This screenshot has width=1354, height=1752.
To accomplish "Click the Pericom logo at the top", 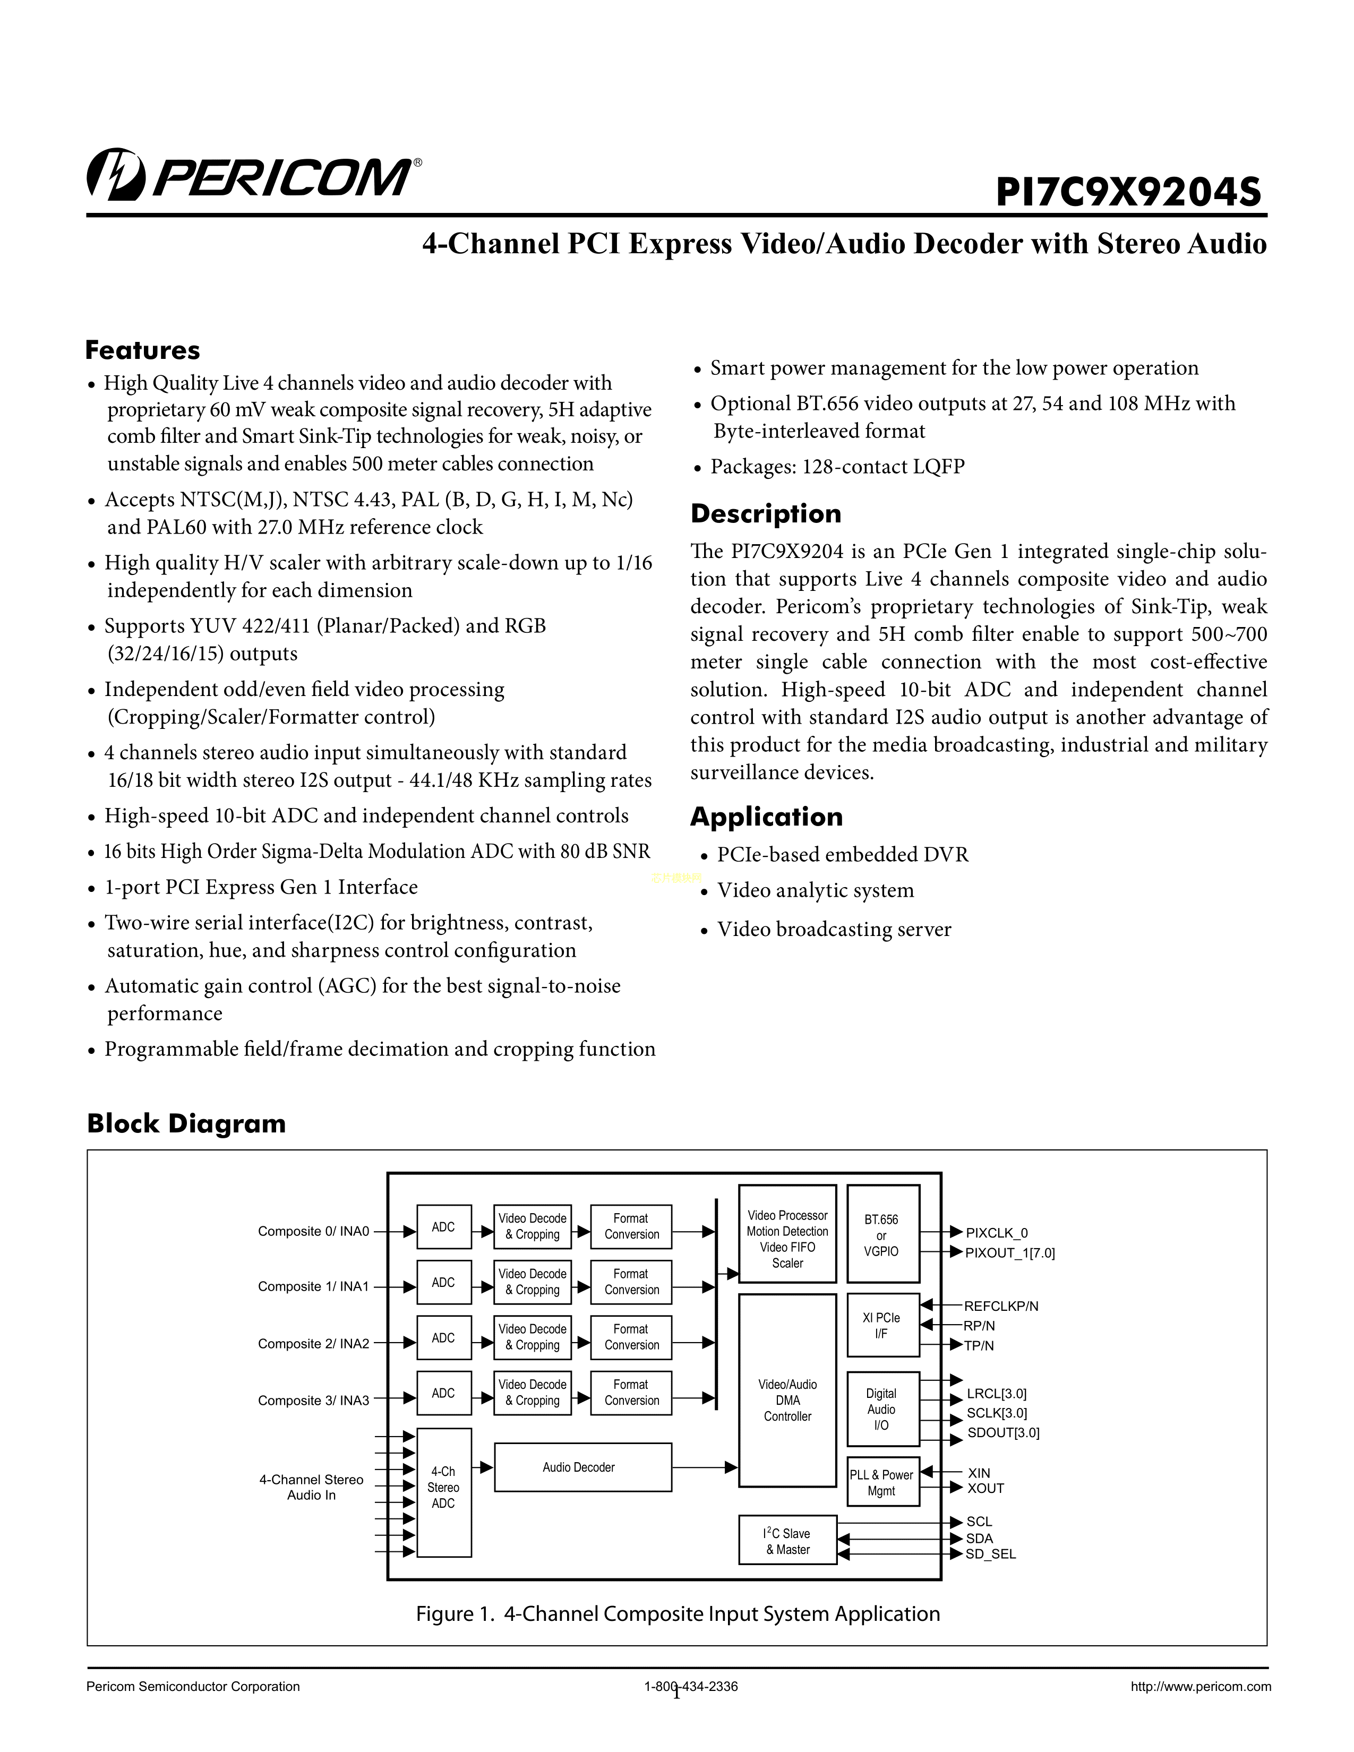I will click(x=253, y=175).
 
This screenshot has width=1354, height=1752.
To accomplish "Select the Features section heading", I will click(x=143, y=350).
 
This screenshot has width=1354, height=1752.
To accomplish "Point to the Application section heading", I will click(x=766, y=817).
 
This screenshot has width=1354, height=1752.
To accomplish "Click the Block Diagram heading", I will click(x=186, y=1123).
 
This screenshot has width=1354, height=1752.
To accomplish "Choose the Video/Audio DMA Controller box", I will click(x=787, y=1400).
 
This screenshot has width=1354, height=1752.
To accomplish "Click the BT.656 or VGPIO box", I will click(x=882, y=1234).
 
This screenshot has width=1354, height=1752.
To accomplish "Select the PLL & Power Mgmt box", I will click(x=882, y=1482).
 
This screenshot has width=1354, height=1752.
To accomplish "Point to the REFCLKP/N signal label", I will click(x=1000, y=1306).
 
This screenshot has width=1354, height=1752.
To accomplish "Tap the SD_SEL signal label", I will click(x=991, y=1554).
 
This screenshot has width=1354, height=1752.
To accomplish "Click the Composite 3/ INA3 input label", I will click(x=314, y=1400).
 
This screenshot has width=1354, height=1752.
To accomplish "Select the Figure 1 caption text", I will click(x=678, y=1614).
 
